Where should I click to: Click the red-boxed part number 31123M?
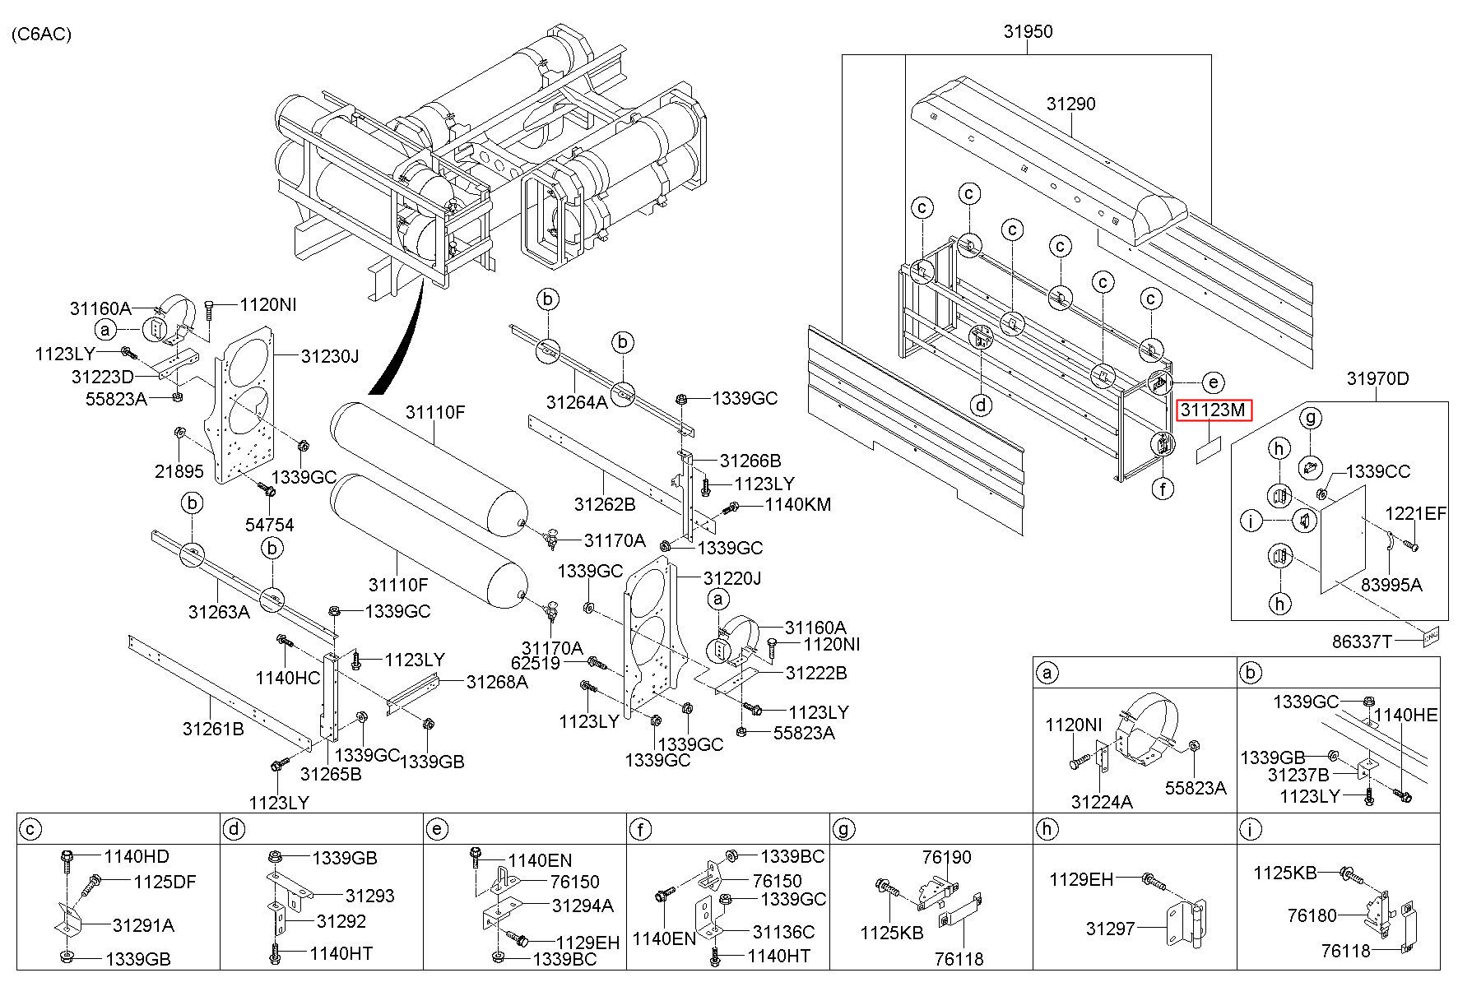tap(1214, 409)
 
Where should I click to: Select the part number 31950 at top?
tap(1028, 32)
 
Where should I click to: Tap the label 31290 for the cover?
tap(1070, 104)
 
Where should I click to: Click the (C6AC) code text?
tap(42, 34)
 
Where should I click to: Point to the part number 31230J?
tap(330, 356)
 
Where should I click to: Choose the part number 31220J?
tap(731, 578)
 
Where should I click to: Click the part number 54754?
tap(270, 525)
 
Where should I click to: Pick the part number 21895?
tap(179, 471)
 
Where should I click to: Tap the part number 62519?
tap(535, 663)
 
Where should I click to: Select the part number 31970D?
tap(1377, 378)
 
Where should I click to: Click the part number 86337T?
tap(1362, 641)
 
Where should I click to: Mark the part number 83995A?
tap(1391, 585)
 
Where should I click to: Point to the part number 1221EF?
tap(1415, 514)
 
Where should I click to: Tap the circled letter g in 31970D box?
tap(1312, 418)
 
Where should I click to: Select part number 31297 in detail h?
tap(1110, 929)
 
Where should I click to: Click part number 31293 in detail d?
tap(369, 896)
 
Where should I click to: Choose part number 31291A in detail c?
tap(143, 925)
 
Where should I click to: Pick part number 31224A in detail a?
tap(1102, 801)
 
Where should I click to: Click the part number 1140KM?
tap(798, 504)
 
